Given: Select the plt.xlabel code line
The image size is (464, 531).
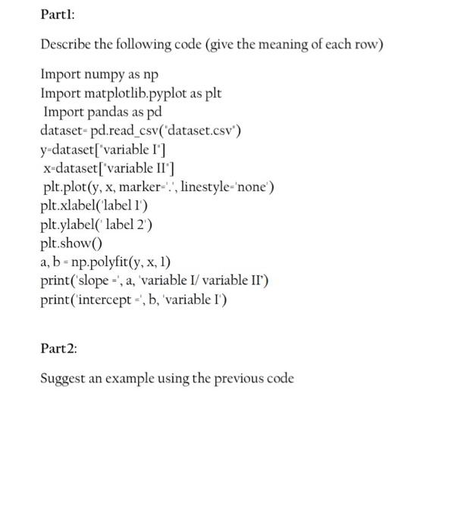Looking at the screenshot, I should [94, 206].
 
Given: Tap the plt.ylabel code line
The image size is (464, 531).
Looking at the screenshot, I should [96, 225].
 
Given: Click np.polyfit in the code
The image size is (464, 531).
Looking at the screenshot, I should [104, 262].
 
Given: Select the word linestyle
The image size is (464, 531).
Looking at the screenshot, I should [203, 187].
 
